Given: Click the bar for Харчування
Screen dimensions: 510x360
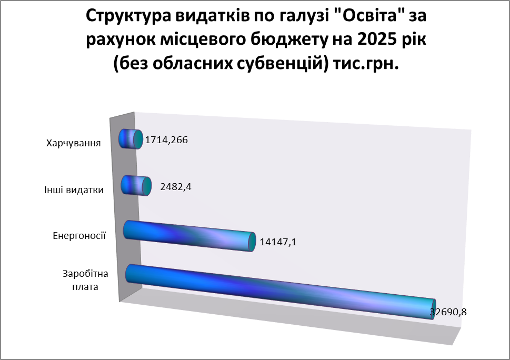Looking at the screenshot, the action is (x=131, y=139).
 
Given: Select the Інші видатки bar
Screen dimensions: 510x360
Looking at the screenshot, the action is (x=136, y=186).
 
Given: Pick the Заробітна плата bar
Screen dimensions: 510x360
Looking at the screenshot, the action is (x=279, y=292).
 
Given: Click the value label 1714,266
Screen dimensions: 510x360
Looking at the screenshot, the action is (x=166, y=140).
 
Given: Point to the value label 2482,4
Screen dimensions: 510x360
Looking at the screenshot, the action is (x=176, y=187).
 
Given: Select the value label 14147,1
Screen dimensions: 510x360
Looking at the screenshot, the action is (x=278, y=242).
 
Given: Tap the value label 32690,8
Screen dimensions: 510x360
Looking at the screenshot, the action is (x=448, y=312).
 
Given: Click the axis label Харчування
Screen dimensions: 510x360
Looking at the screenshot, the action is (x=74, y=143).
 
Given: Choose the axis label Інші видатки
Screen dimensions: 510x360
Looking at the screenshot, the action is (x=74, y=190).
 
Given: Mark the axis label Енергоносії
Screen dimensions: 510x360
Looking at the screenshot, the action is (x=79, y=235).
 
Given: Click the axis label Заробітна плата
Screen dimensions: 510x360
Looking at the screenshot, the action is (x=85, y=281).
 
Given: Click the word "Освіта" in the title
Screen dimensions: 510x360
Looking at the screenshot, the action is (x=369, y=16).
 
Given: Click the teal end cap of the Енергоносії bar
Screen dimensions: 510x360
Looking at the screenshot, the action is (x=252, y=242).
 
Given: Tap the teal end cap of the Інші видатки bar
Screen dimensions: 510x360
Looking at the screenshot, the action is (x=147, y=186).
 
